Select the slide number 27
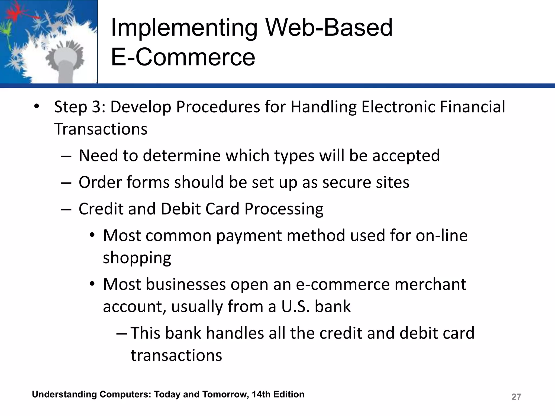click(516, 397)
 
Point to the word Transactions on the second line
click(101, 129)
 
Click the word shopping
click(137, 258)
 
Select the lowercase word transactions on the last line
click(176, 355)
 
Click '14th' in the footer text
click(261, 394)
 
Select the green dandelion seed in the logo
click(5, 30)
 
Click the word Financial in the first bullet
click(472, 107)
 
